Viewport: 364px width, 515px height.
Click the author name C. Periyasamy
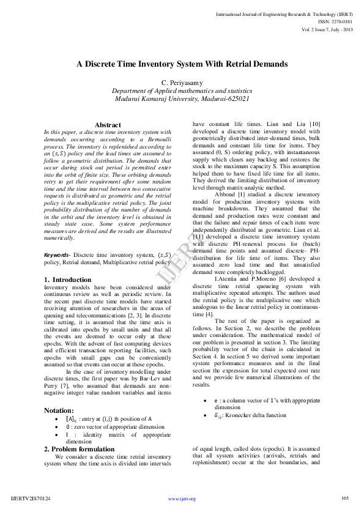[182, 83]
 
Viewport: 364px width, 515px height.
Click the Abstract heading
[108, 125]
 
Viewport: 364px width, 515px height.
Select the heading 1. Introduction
[67, 280]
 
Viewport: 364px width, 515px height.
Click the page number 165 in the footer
[344, 498]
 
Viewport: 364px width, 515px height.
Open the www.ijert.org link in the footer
[182, 498]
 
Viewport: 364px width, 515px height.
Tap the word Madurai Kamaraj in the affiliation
[141, 98]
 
